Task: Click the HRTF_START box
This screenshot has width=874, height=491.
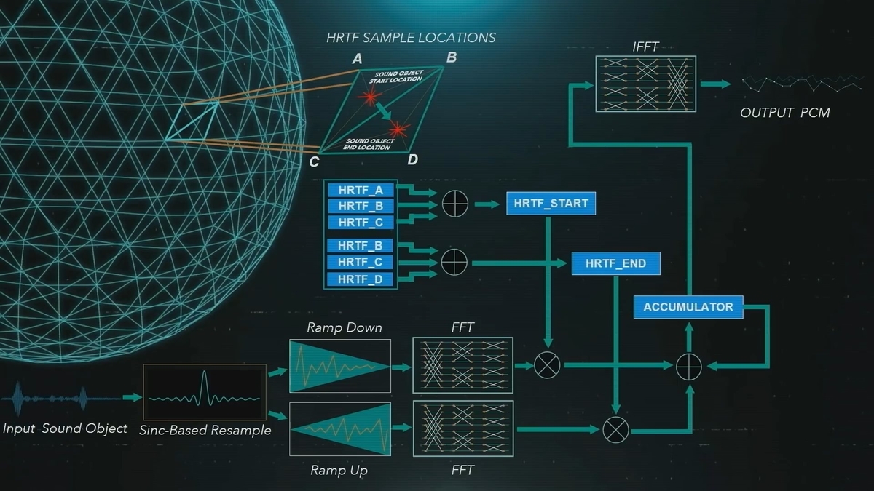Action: (551, 204)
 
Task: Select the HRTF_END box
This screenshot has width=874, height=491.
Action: (615, 263)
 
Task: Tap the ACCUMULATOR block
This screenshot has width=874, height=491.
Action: (688, 307)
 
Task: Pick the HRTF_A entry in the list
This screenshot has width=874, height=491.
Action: (361, 190)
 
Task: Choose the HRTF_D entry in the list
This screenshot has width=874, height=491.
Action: (360, 279)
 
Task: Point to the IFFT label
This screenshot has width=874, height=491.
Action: (645, 47)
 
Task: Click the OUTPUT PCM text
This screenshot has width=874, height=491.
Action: (785, 113)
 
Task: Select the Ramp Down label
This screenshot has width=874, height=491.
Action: (344, 327)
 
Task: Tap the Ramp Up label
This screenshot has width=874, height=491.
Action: (339, 471)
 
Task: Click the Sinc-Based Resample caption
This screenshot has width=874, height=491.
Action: (205, 430)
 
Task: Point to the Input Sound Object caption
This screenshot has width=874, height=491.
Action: (65, 428)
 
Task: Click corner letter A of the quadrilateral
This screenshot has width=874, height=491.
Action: (357, 59)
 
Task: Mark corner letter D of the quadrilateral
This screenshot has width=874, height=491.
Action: (412, 159)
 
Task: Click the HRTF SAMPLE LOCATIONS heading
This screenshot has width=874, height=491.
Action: (411, 38)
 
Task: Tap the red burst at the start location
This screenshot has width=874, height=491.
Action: (369, 96)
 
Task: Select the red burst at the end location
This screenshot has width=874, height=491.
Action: (398, 129)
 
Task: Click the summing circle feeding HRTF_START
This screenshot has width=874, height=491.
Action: (455, 204)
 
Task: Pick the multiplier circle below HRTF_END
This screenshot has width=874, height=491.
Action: (615, 430)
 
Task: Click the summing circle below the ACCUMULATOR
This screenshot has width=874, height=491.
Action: (689, 367)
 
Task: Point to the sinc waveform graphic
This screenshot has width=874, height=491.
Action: (205, 392)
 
